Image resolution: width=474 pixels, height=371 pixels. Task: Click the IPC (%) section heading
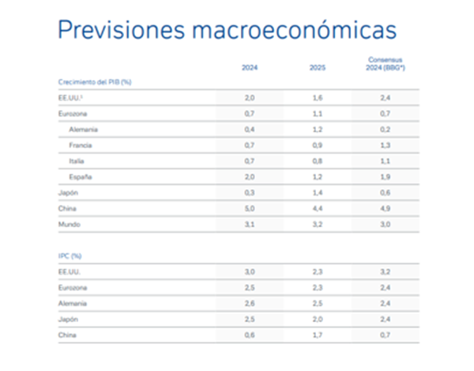(x=70, y=256)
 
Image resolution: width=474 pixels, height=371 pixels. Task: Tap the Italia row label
(x=77, y=161)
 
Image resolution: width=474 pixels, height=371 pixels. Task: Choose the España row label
(x=81, y=176)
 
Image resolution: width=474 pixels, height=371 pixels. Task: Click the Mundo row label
(x=70, y=224)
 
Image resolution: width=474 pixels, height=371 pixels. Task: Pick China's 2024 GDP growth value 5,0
(x=249, y=208)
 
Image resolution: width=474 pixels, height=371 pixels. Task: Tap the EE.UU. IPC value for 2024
(x=249, y=271)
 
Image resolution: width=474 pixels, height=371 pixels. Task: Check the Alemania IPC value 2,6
(x=249, y=303)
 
